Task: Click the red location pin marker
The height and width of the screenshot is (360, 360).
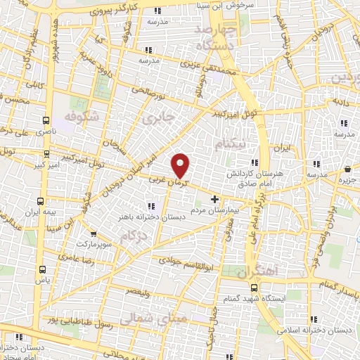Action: click(181, 165)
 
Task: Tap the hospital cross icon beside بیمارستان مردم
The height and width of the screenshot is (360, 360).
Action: click(214, 199)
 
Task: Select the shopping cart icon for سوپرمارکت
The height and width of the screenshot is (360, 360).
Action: click(94, 234)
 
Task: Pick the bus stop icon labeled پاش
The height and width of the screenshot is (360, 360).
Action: click(42, 269)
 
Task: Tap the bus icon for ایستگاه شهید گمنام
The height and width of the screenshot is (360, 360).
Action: click(255, 288)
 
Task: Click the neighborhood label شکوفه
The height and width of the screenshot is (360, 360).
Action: click(79, 115)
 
